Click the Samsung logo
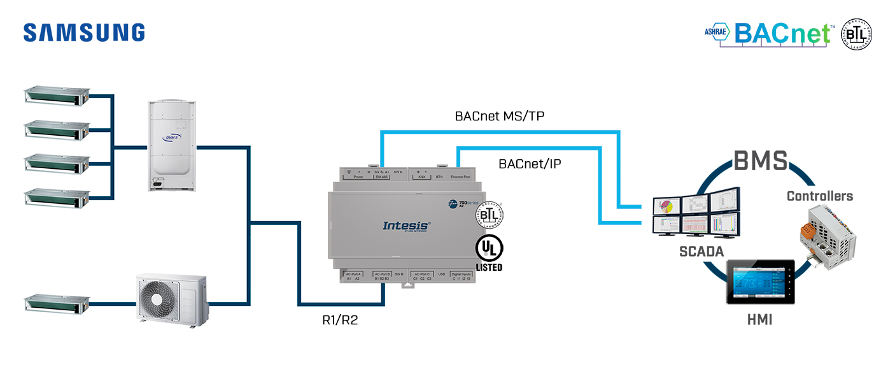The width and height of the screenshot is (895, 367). [84, 32]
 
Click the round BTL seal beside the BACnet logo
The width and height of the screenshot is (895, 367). [857, 34]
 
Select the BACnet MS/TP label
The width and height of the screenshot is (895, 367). [499, 116]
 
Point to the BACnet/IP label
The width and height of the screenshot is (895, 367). [530, 164]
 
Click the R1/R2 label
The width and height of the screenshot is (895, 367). [340, 320]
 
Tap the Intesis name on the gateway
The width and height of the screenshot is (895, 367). [407, 226]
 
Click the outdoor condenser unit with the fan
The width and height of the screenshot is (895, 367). [172, 299]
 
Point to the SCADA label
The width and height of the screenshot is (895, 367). [700, 252]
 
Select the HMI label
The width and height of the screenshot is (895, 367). [759, 320]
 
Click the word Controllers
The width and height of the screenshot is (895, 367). [819, 196]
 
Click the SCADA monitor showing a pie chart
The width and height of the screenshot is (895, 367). [666, 206]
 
